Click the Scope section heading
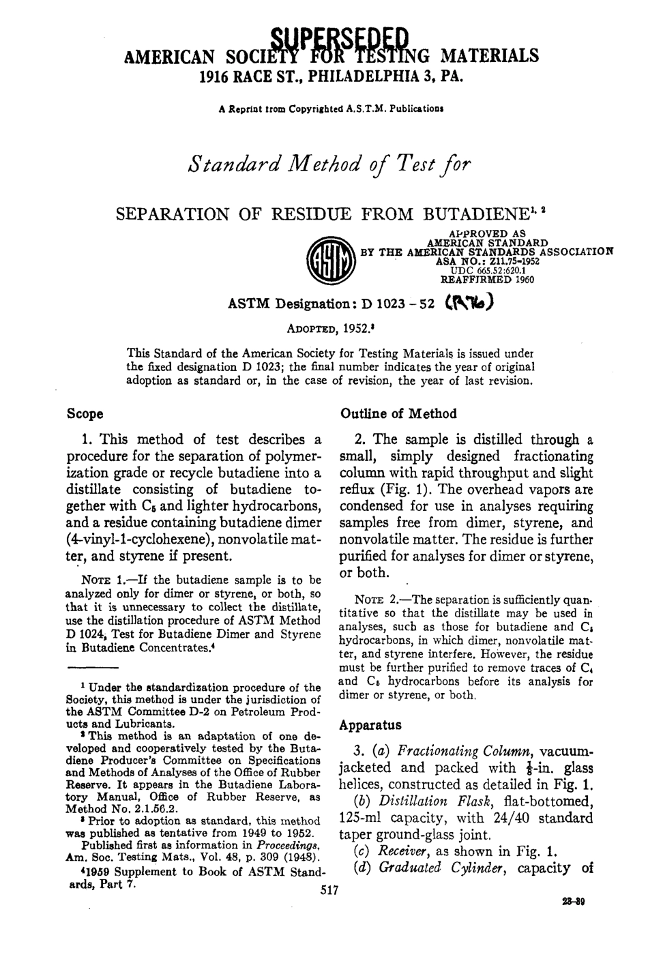85,414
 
